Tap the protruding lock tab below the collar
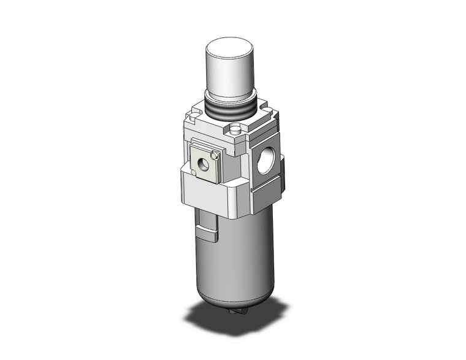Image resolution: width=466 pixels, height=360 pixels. [x=208, y=233]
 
